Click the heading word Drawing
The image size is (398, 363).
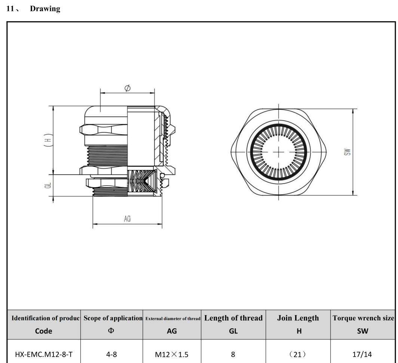(45, 9)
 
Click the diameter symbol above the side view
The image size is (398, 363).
(127, 88)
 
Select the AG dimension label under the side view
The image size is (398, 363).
(127, 219)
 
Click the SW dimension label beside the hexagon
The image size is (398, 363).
(348, 152)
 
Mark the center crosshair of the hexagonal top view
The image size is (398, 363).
(279, 152)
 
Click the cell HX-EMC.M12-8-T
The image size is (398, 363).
(43, 354)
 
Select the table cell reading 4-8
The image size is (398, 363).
(111, 354)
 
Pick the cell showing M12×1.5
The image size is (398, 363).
(172, 354)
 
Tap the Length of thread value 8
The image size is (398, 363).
(233, 354)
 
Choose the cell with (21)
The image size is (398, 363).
(298, 354)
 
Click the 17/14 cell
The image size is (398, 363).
(362, 354)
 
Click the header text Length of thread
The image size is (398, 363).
(233, 318)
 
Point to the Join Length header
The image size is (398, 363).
(298, 318)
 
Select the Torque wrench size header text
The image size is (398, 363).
(363, 318)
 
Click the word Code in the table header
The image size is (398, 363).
(43, 331)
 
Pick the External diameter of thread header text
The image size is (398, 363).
(172, 319)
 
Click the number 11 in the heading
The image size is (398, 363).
(10, 9)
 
